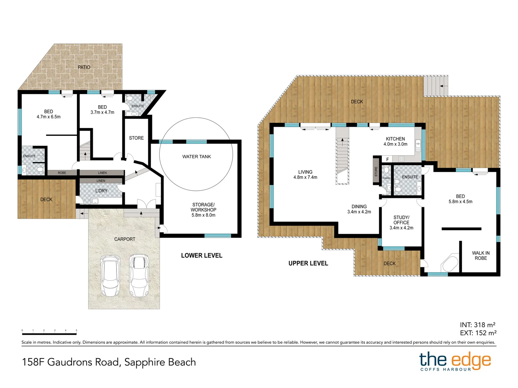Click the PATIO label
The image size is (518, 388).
coord(84,67)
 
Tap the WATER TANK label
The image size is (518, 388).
coord(196,157)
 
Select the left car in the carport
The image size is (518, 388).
coord(110,275)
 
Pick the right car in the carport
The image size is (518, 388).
coord(139,274)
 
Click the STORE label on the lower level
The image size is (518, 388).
coord(136,138)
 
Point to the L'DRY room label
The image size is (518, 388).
coord(101,191)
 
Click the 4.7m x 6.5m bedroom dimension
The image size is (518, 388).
coord(49,117)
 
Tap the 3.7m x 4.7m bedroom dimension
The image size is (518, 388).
coord(102,112)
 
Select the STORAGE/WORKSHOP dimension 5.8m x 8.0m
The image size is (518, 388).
coord(203,215)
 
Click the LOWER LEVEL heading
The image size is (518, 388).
coord(201,255)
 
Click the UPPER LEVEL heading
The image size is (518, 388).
coord(308,263)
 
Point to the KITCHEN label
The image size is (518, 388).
coord(395,139)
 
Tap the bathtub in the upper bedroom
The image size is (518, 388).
coord(450,263)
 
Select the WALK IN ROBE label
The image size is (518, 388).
coord(481,256)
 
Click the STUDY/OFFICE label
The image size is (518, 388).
coord(401,220)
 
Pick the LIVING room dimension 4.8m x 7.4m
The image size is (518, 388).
coord(305,177)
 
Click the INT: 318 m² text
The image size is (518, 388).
coord(477,325)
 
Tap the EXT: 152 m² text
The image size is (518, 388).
coord(478,333)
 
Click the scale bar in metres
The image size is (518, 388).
coord(49,333)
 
